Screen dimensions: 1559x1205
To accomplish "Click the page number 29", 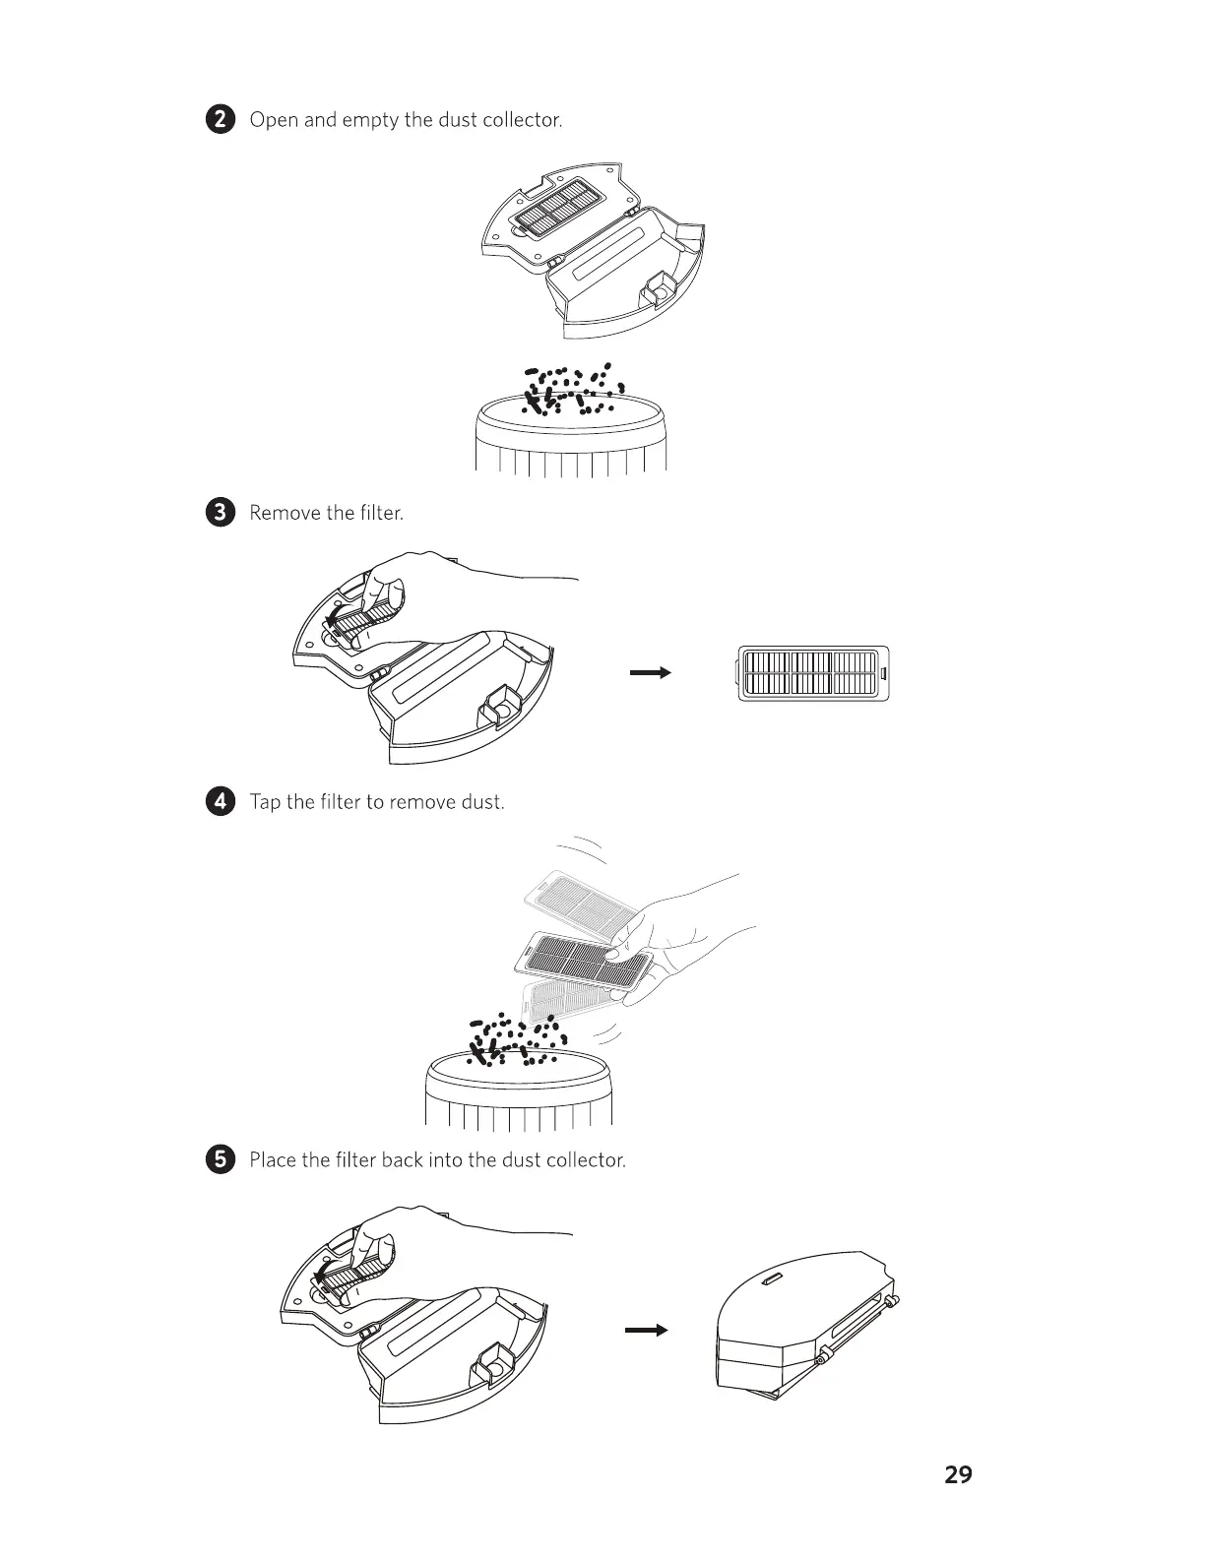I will pyautogui.click(x=958, y=1474).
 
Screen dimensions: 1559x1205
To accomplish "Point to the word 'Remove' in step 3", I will pyautogui.click(x=285, y=513).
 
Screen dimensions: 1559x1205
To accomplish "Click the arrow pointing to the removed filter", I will pyautogui.click(x=650, y=673).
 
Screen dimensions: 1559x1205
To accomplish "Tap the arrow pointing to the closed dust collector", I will pyautogui.click(x=647, y=1331).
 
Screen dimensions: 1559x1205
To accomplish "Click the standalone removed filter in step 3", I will pyautogui.click(x=813, y=673).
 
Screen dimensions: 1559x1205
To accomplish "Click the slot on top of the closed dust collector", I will pyautogui.click(x=771, y=1279).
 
